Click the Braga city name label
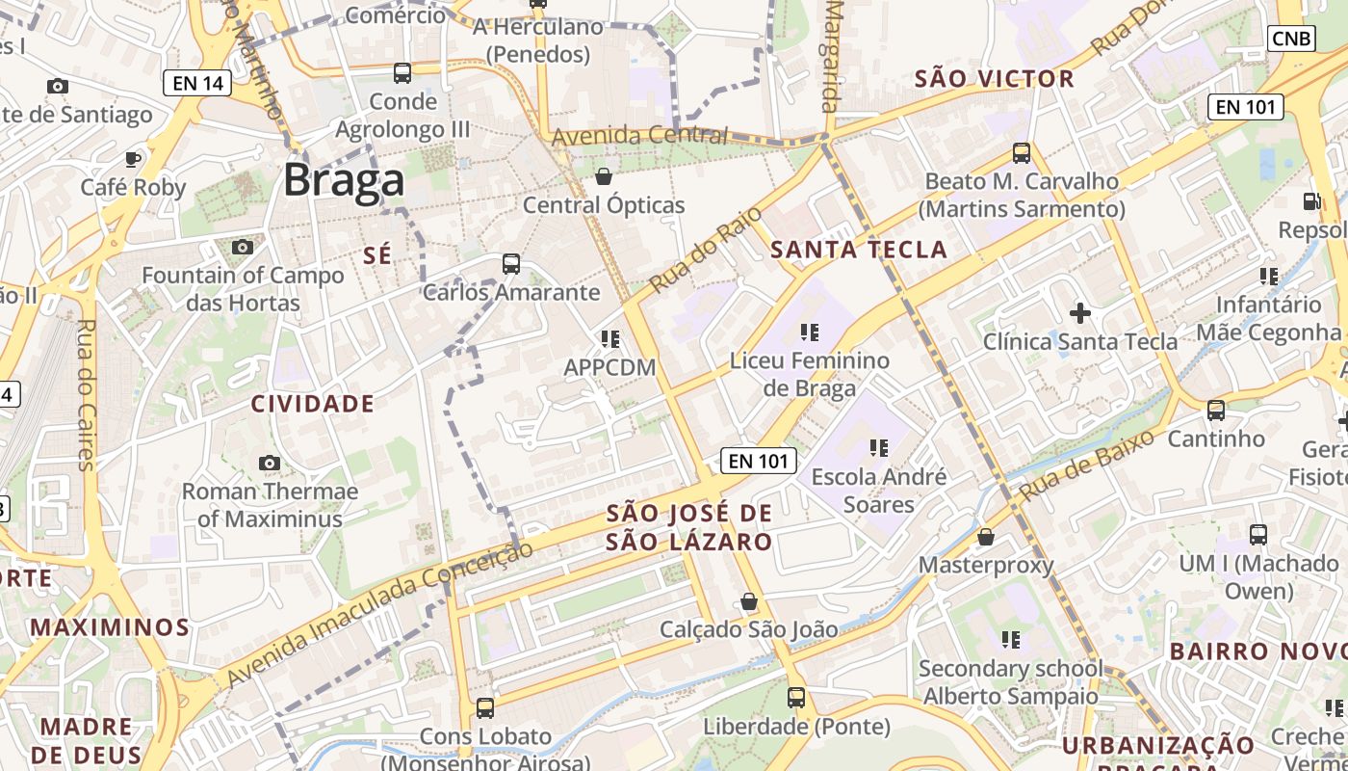pos(344,180)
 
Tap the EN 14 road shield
pos(198,83)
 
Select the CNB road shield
pos(1291,38)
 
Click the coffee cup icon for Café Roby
pos(133,159)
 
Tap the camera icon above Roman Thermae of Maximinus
pos(270,464)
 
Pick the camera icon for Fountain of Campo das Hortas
pos(243,248)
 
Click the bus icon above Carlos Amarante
pos(511,264)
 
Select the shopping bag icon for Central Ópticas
pos(604,176)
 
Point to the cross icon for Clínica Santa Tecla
pos(1080,313)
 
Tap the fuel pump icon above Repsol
pos(1311,201)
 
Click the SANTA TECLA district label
pos(859,251)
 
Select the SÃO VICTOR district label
pos(994,79)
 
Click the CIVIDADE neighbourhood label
pos(313,404)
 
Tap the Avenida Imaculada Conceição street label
pos(379,614)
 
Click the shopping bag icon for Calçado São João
pos(749,602)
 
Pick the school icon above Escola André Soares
pos(878,448)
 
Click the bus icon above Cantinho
pos(1216,411)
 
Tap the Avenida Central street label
pos(640,136)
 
